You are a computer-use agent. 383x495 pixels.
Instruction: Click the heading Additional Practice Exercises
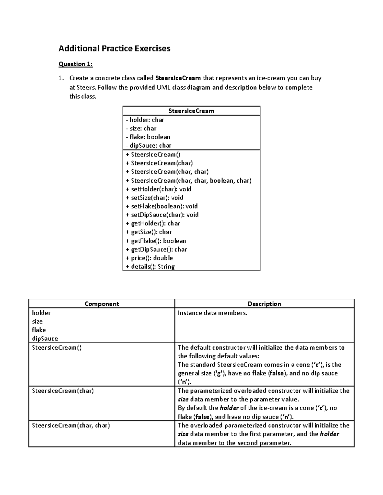[x=114, y=48]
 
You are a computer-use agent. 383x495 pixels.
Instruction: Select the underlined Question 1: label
[x=75, y=64]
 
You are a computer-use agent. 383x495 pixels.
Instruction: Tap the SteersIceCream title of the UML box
[x=191, y=111]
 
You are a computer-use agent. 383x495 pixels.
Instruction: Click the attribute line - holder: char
[x=145, y=120]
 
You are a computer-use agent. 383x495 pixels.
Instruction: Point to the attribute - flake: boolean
[x=148, y=137]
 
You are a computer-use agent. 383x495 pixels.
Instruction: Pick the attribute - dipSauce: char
[x=149, y=146]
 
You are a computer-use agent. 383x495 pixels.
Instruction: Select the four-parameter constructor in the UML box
[x=189, y=181]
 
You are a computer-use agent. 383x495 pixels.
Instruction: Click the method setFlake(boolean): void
[x=162, y=206]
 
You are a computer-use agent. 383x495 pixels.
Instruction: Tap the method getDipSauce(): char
[x=156, y=250]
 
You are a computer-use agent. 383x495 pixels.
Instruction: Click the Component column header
[x=102, y=304]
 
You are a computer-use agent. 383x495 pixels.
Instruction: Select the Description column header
[x=264, y=304]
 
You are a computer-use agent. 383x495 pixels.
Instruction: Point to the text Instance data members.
[x=213, y=313]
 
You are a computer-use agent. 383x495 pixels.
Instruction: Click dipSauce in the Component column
[x=45, y=338]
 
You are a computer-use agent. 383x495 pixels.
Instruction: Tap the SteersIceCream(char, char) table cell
[x=71, y=426]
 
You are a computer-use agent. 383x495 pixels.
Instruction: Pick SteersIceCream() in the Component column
[x=57, y=347]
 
